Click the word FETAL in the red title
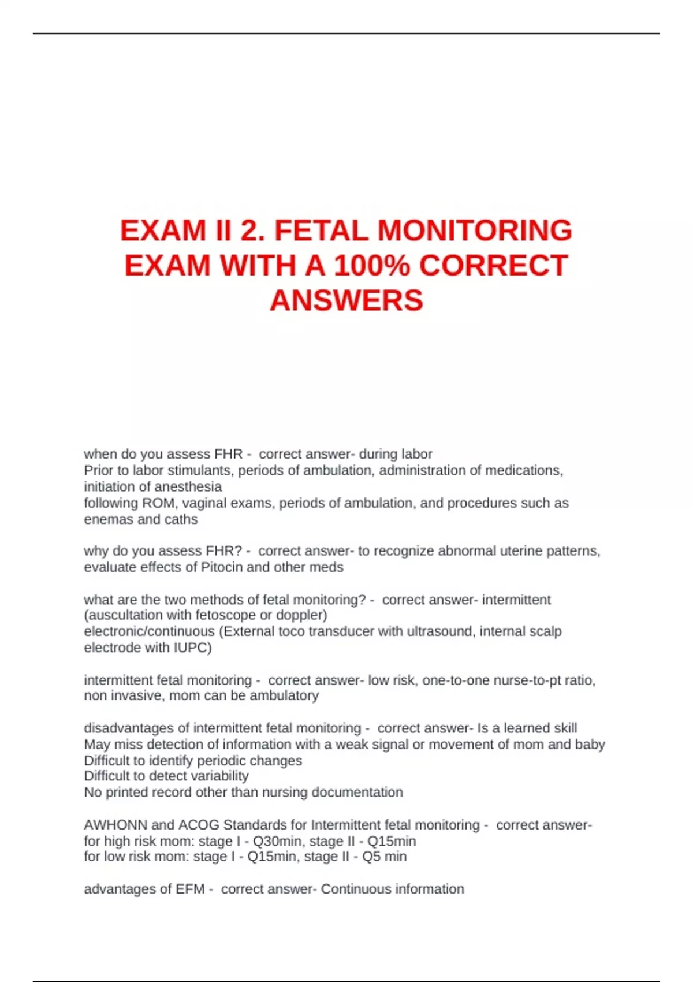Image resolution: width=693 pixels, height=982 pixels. [321, 230]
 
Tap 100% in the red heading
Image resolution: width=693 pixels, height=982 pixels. [372, 266]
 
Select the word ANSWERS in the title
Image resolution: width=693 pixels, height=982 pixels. [346, 300]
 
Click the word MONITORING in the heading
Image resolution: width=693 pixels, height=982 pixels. [475, 230]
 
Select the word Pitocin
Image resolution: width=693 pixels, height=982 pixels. [221, 567]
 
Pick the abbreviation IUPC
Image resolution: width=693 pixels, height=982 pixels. [192, 648]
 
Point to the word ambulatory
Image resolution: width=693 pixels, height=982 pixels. [283, 695]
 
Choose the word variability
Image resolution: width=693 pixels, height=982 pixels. [214, 776]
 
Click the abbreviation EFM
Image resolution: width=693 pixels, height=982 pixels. [190, 889]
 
